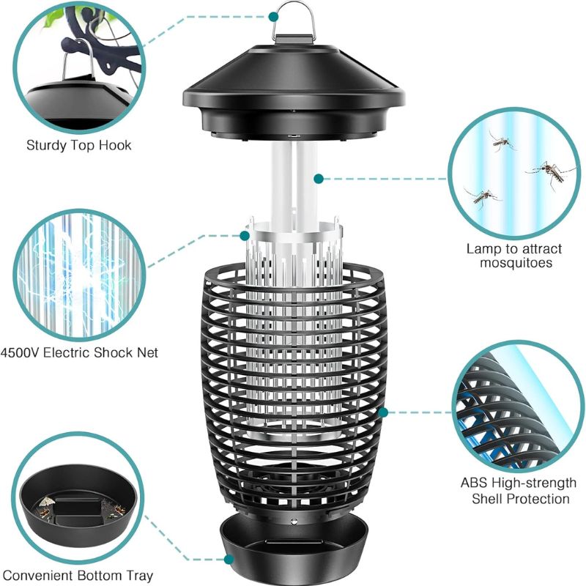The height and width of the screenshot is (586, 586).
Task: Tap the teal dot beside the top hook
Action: tap(273, 16)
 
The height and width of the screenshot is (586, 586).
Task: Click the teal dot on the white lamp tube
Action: tap(319, 179)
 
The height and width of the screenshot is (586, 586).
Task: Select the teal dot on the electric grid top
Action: tap(245, 235)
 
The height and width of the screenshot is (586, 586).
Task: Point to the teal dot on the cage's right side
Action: tap(383, 412)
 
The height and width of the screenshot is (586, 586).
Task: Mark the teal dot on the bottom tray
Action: tap(229, 560)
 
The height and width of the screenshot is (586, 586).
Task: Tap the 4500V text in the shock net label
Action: tap(20, 352)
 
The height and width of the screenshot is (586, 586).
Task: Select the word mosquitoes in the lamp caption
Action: tap(516, 263)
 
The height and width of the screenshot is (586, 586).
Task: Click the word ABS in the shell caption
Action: tap(473, 483)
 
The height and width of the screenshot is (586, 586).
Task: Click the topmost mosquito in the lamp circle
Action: tap(501, 141)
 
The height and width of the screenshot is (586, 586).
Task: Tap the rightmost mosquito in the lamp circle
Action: tap(550, 173)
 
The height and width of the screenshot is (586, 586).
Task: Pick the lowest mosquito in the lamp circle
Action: tap(482, 197)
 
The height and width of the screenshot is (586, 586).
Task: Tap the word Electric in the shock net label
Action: tap(67, 352)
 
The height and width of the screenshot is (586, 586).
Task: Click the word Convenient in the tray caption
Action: tap(38, 576)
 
